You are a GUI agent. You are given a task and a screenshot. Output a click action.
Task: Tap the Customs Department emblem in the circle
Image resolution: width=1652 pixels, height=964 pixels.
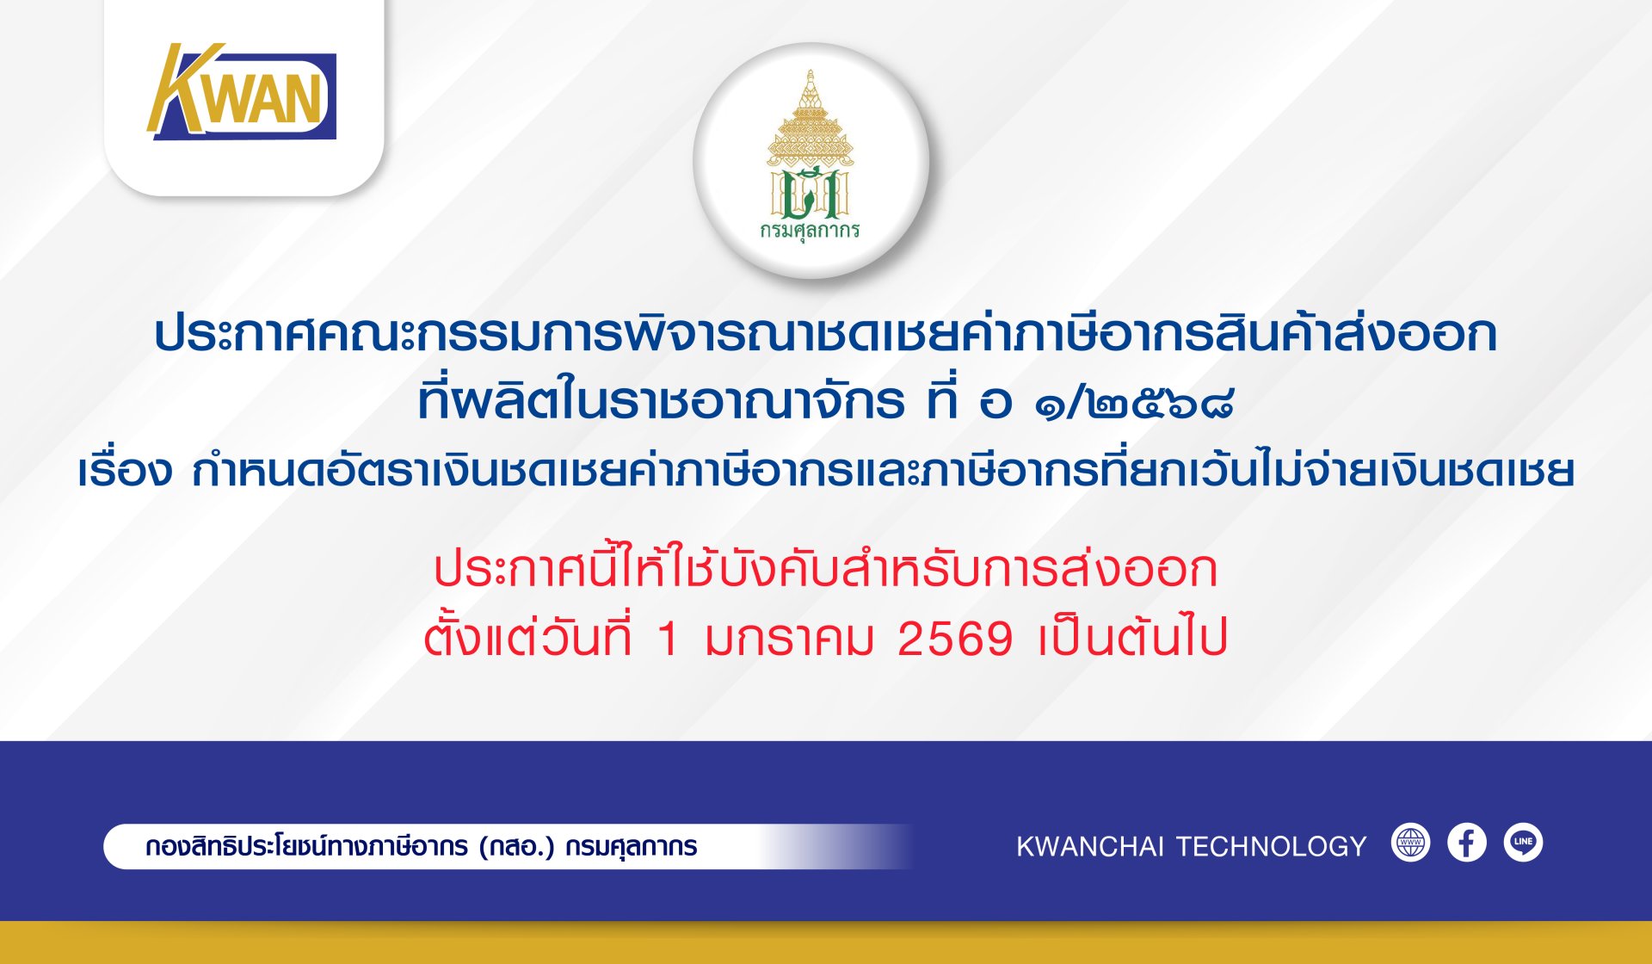pyautogui.click(x=811, y=155)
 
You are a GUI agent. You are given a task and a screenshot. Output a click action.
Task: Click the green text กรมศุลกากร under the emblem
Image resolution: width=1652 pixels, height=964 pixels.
pyautogui.click(x=811, y=231)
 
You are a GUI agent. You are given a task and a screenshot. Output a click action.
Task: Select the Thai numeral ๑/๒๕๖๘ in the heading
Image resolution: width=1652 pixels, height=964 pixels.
pyautogui.click(x=1134, y=402)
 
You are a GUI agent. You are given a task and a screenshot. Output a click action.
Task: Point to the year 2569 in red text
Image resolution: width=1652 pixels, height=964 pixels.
pyautogui.click(x=955, y=640)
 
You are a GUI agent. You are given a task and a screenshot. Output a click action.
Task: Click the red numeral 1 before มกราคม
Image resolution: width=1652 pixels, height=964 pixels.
pyautogui.click(x=668, y=640)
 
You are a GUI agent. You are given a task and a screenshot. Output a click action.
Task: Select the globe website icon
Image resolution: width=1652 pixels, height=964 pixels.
pyautogui.click(x=1410, y=843)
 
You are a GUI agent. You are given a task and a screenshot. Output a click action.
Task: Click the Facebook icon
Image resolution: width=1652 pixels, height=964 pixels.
pyautogui.click(x=1467, y=843)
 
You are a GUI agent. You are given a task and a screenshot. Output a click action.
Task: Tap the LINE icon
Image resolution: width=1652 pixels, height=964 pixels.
pyautogui.click(x=1523, y=843)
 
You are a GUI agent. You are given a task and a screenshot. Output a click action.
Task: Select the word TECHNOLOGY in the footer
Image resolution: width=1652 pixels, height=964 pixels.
pyautogui.click(x=1271, y=847)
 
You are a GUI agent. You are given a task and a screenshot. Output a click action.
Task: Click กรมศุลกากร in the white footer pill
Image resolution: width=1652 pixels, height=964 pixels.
pyautogui.click(x=632, y=847)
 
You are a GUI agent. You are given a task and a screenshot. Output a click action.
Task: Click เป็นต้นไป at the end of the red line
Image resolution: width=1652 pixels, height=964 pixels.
pyautogui.click(x=1132, y=638)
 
